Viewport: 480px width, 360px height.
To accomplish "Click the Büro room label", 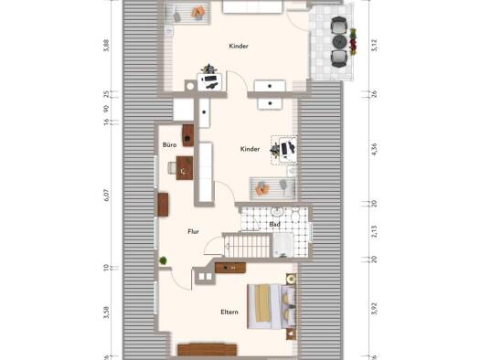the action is click(169, 145).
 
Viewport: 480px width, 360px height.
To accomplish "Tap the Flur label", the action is click(193, 231).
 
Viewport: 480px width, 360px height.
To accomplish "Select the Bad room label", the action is click(274, 225).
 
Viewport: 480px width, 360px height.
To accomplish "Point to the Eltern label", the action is click(229, 312).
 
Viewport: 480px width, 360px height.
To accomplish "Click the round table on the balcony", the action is click(339, 41).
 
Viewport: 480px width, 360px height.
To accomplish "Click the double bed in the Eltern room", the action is click(272, 307).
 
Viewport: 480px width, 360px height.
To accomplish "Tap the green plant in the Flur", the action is click(163, 260).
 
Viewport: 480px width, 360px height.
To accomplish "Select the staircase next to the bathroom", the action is click(248, 245).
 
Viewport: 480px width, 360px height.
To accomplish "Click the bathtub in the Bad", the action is click(283, 245).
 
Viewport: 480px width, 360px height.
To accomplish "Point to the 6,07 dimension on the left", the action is click(107, 195).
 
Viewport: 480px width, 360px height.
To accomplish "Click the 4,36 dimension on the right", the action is click(374, 149).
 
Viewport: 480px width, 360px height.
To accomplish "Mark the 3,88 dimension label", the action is click(106, 46).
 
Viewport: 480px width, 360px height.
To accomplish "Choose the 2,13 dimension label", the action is click(374, 231).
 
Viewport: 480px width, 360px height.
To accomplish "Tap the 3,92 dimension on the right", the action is click(374, 308).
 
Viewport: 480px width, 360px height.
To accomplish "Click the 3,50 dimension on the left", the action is click(107, 312).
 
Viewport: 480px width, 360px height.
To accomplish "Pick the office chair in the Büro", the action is click(172, 167).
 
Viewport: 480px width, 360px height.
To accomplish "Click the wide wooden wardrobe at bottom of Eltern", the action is click(208, 350).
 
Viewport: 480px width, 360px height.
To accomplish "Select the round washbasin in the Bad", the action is click(277, 211).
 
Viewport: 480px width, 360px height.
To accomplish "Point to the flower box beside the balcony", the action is click(353, 42).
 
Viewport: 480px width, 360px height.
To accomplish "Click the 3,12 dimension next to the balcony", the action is click(374, 45).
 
